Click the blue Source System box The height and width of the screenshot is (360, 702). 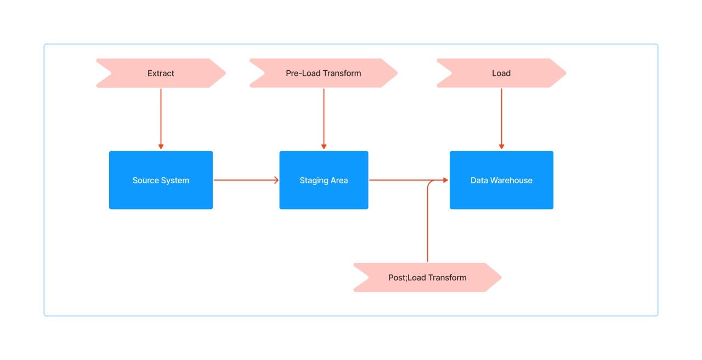coord(161,180)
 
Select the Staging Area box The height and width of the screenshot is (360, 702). coord(324,180)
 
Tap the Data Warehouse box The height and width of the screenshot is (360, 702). coord(501,180)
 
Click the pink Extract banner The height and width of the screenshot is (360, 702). coord(161,73)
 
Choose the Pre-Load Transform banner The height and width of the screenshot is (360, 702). coord(323,73)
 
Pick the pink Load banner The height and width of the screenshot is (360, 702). coord(501,73)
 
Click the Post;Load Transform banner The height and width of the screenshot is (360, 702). coord(427,277)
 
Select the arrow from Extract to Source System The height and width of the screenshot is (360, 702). coord(161,118)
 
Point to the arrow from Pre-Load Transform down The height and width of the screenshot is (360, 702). coord(324,118)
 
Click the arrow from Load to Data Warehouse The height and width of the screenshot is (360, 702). coord(501,118)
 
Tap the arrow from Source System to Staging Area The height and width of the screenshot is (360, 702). coord(245,180)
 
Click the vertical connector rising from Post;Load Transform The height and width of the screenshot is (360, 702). coord(427,225)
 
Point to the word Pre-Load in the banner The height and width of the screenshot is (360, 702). coord(303,73)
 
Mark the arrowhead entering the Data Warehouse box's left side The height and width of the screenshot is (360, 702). coord(445,180)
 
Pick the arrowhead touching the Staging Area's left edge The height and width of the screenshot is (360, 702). coord(276,180)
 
